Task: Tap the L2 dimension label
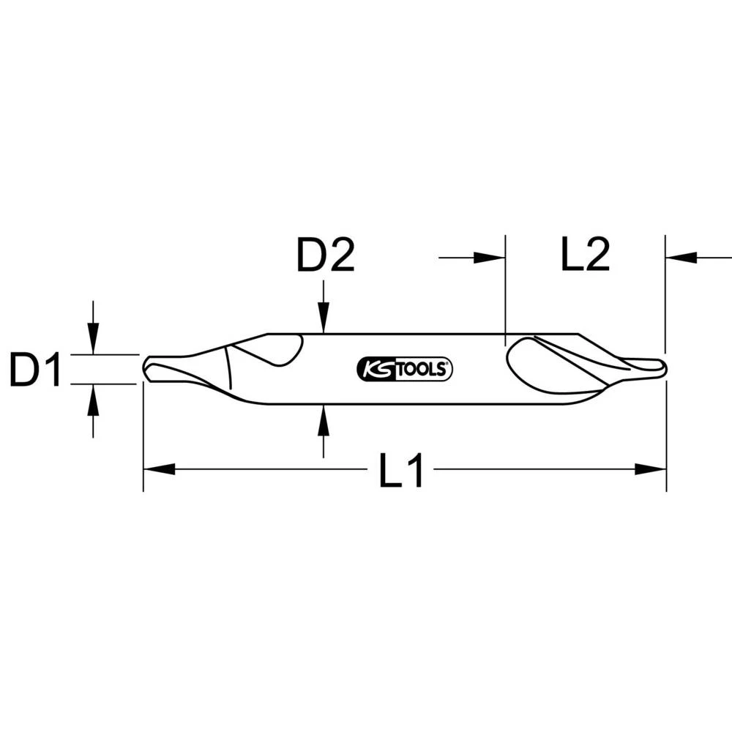[x=585, y=257]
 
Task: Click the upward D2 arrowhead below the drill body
[x=323, y=416]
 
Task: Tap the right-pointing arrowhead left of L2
[x=489, y=257]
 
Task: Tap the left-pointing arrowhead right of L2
[x=681, y=257]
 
